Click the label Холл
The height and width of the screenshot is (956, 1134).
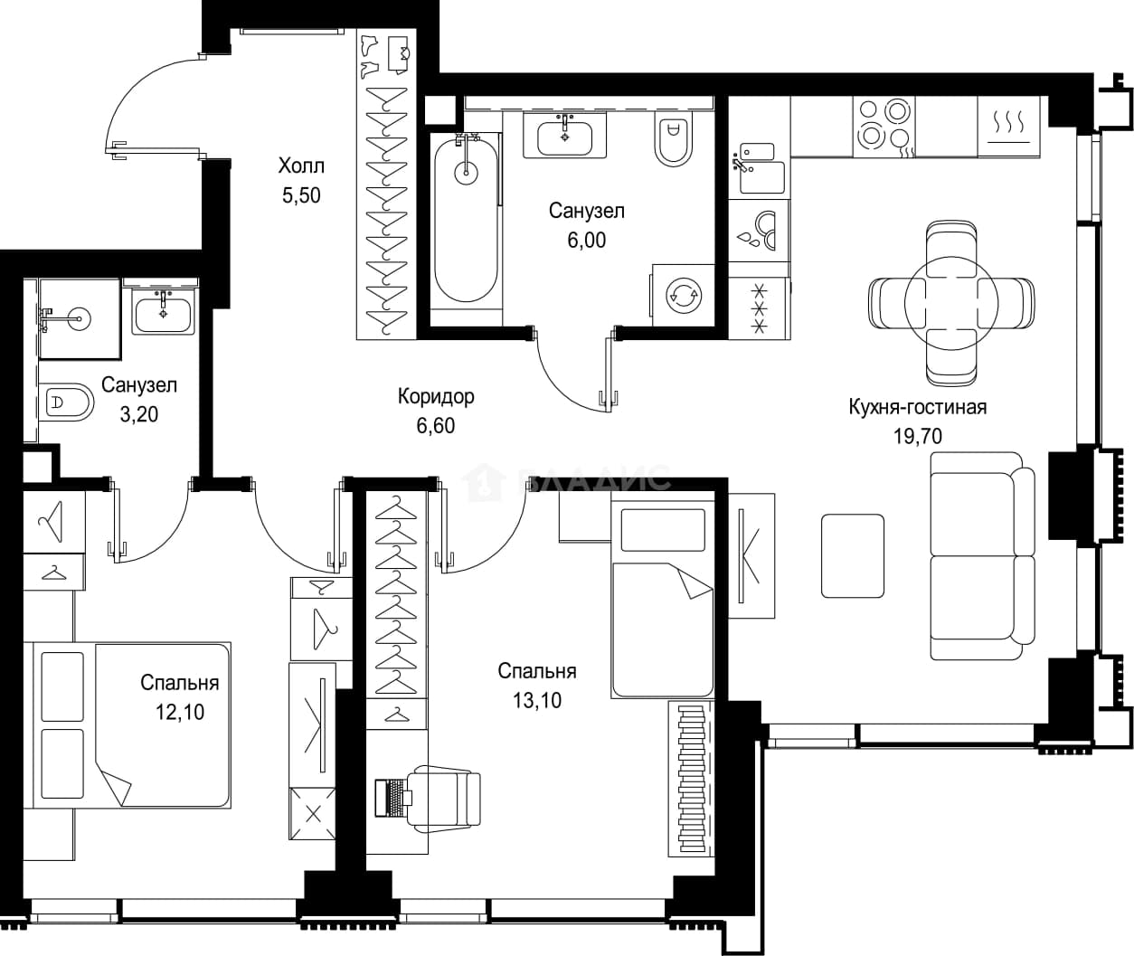click(x=301, y=166)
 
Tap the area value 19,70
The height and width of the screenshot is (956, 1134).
click(x=918, y=436)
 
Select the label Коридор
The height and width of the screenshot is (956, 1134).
click(x=436, y=396)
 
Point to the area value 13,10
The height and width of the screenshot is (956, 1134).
click(x=537, y=701)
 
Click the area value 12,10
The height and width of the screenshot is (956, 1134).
click(x=180, y=712)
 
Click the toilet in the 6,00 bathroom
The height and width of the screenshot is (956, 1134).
click(x=674, y=140)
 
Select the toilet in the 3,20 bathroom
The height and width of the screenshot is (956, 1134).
click(x=66, y=402)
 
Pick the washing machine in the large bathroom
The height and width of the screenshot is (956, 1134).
click(x=684, y=296)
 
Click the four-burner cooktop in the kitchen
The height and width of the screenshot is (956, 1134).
click(x=884, y=128)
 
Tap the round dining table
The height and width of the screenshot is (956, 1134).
click(x=951, y=304)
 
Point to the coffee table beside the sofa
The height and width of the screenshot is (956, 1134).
click(x=853, y=556)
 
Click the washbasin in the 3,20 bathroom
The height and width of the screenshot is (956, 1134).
click(x=163, y=314)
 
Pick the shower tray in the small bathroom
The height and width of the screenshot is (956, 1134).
click(x=80, y=319)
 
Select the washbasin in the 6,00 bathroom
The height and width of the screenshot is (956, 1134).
click(x=565, y=137)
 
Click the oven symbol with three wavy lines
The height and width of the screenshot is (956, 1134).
click(x=1009, y=128)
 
